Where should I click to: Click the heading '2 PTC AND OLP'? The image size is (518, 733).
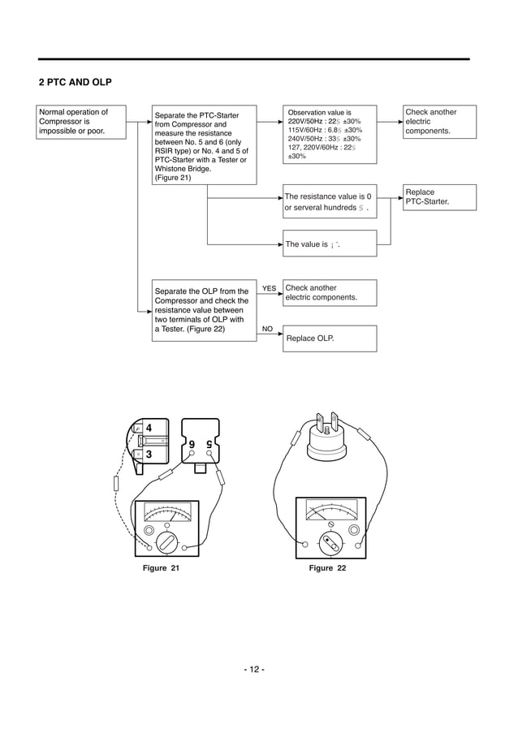pyautogui.click(x=76, y=83)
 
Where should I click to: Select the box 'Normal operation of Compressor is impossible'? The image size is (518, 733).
pyautogui.click(x=82, y=122)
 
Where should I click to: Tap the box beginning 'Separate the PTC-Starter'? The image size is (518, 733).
pyautogui.click(x=205, y=144)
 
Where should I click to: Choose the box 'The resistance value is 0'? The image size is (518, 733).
pyautogui.click(x=329, y=202)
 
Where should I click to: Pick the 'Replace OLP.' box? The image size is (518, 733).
pyautogui.click(x=329, y=338)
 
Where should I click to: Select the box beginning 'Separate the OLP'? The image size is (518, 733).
pyautogui.click(x=205, y=309)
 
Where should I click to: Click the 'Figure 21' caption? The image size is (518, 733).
pyautogui.click(x=161, y=568)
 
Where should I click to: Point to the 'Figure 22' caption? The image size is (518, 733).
pyautogui.click(x=327, y=568)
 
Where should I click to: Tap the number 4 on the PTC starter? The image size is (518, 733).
pyautogui.click(x=149, y=429)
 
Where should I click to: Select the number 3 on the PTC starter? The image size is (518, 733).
pyautogui.click(x=149, y=455)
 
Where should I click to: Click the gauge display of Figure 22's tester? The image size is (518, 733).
pyautogui.click(x=330, y=511)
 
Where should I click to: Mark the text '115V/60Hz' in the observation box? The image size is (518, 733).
pyautogui.click(x=305, y=130)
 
